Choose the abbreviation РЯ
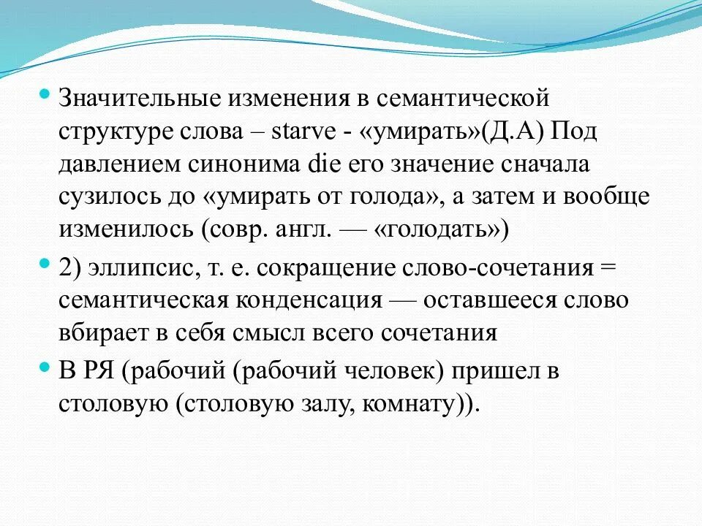[99, 371]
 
